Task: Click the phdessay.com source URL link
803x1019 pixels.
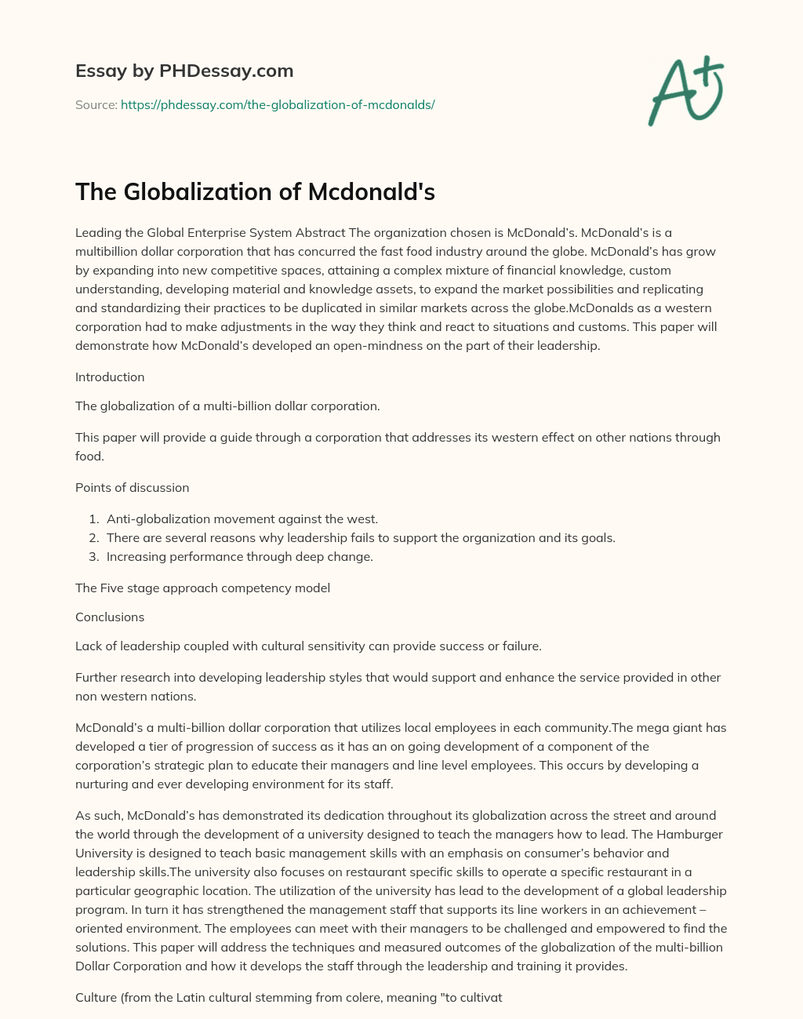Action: [278, 104]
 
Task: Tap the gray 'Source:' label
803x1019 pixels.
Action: [96, 104]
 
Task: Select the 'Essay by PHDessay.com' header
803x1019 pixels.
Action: [184, 71]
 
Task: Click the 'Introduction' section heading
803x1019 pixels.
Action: [110, 377]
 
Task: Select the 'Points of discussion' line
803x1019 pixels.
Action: [132, 488]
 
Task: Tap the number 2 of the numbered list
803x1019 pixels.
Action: [93, 538]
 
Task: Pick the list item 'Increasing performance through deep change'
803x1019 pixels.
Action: [239, 557]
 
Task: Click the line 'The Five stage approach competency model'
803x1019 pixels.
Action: [202, 588]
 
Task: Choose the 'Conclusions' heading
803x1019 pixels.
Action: [110, 617]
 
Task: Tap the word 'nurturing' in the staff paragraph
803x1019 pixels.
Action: [102, 784]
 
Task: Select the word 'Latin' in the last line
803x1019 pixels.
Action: [203, 999]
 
